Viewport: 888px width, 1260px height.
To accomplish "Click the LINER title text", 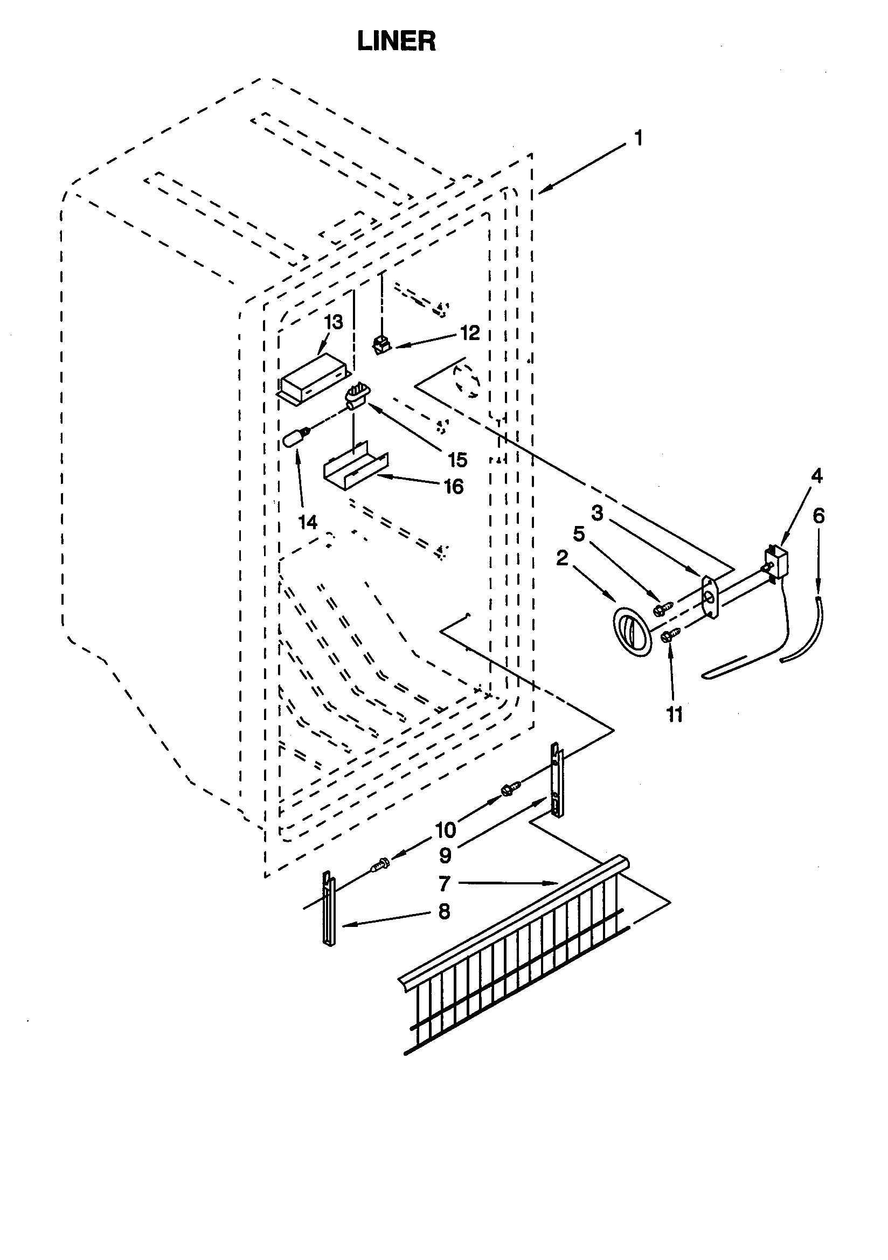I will (396, 41).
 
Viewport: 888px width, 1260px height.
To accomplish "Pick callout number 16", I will (453, 486).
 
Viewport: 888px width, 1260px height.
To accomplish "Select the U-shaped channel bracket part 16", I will (356, 468).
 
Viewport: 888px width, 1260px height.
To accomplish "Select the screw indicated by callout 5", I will (663, 608).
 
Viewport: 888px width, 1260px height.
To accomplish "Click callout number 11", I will (674, 715).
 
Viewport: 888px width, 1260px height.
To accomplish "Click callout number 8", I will (443, 911).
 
